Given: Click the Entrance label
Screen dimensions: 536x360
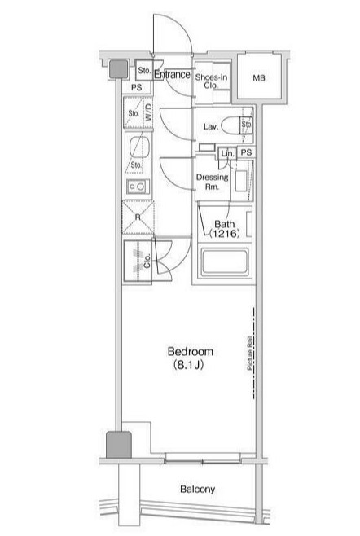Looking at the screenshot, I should click(172, 75).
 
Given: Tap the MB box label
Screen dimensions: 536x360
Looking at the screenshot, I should click(258, 79).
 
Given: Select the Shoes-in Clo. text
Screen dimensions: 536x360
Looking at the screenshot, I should click(210, 80).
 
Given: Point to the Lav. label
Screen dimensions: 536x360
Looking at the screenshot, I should click(209, 126).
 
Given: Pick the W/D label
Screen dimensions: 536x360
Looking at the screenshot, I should click(149, 113).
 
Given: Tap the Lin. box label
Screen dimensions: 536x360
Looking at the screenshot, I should click(227, 153).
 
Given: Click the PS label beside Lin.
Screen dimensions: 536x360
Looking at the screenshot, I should click(245, 153).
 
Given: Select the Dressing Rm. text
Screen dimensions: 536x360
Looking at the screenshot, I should click(212, 182).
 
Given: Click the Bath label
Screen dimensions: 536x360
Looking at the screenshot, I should click(224, 224).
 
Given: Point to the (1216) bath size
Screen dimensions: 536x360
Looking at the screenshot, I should click(224, 234).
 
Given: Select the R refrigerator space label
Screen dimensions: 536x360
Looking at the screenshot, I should click(137, 218).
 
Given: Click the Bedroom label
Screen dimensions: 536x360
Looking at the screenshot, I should click(190, 352).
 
